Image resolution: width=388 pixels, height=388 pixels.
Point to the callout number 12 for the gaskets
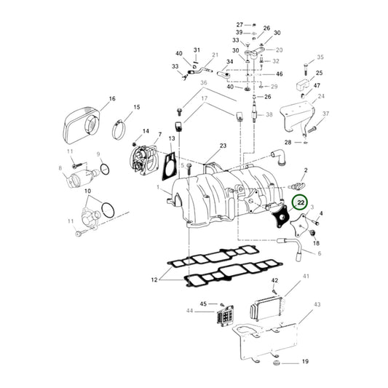click(x=154, y=280)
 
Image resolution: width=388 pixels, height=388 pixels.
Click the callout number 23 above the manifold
click(x=222, y=146)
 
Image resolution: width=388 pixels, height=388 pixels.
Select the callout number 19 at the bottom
click(x=305, y=361)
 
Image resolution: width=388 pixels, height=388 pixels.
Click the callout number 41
click(x=306, y=276)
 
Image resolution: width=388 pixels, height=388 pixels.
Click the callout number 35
click(x=320, y=57)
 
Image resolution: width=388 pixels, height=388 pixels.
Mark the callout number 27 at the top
click(x=239, y=25)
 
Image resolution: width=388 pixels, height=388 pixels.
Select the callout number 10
click(x=87, y=192)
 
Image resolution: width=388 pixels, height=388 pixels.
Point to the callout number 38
click(x=269, y=115)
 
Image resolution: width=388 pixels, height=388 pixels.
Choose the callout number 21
click(x=215, y=55)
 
